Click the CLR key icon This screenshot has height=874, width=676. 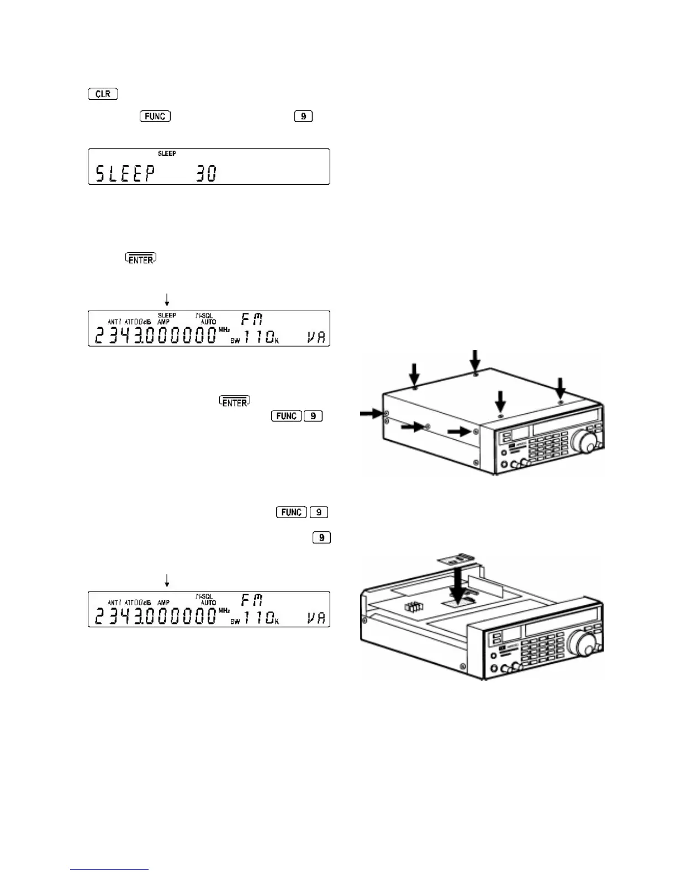(x=103, y=94)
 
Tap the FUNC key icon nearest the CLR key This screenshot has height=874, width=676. (x=155, y=116)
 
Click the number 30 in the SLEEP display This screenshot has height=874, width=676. (x=206, y=174)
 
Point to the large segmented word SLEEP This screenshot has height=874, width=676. (x=125, y=174)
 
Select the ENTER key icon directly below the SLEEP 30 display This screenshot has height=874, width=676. (x=141, y=258)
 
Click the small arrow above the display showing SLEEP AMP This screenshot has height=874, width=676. (x=167, y=300)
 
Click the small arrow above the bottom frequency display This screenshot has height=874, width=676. (x=167, y=580)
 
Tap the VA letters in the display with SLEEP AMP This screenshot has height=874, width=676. (x=316, y=337)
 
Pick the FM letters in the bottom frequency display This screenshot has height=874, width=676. (x=252, y=600)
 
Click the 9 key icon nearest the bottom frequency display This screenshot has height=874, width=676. (x=321, y=537)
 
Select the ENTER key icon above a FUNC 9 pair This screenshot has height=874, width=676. (x=235, y=401)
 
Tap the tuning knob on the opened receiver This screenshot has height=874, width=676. (x=585, y=643)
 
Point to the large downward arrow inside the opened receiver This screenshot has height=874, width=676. (x=457, y=586)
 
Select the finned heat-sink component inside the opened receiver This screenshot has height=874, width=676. (x=413, y=606)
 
